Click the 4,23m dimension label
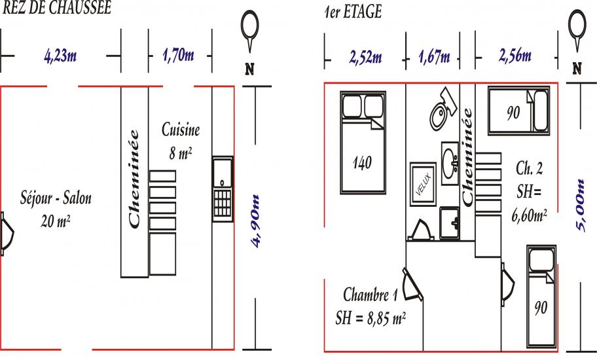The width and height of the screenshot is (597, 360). coord(60,56)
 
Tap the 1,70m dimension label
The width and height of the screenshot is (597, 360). coord(178,56)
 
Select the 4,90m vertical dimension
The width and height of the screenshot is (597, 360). coord(255,221)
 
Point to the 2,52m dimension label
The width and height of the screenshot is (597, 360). coord(365,58)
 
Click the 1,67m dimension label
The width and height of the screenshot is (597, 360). coord(434,57)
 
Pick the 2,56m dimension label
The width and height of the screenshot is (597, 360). coord(515,56)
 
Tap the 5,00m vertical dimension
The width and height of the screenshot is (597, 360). coord(580,205)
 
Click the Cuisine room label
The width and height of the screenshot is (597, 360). coord(181,130)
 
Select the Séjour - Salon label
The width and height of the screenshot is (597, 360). coord(56,198)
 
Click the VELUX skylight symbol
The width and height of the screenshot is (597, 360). coord(423,184)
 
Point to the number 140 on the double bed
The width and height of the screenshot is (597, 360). coord(362,163)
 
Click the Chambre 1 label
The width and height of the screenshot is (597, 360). coord(371,294)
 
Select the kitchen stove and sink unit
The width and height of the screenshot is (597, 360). coord(223,189)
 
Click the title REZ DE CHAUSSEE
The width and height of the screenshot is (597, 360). coord(57,8)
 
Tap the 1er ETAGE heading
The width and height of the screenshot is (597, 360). coord(353,12)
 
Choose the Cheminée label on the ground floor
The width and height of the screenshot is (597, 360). coord(134,179)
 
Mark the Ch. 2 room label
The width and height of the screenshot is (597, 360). coord(529,168)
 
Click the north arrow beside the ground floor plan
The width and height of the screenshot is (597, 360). coord(250,31)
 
